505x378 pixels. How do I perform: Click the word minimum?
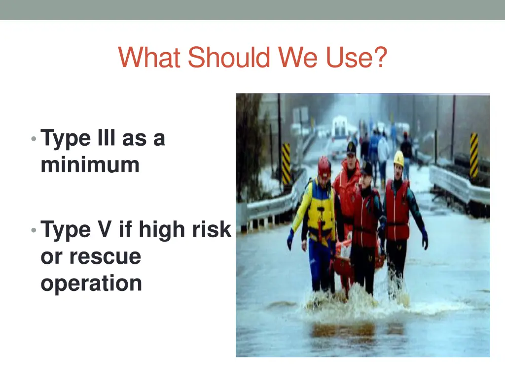click(90, 165)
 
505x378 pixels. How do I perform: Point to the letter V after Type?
click(105, 230)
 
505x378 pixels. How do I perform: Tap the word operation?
click(91, 283)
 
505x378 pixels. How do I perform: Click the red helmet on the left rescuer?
click(324, 166)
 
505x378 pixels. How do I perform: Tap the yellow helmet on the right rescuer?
click(398, 158)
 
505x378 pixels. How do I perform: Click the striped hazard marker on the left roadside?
click(286, 163)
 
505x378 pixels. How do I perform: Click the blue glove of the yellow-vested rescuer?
click(290, 239)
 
